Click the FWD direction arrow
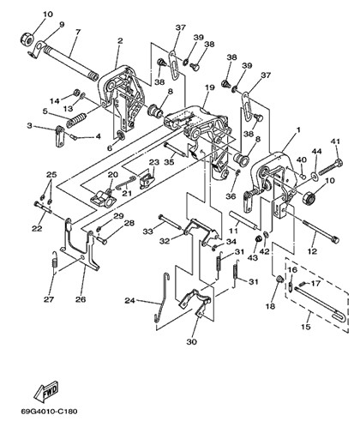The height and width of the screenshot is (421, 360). (x=46, y=391)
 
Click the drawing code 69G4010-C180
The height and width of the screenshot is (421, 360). (x=49, y=412)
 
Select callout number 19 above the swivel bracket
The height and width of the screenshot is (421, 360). (x=209, y=87)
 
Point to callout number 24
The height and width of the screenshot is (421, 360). (x=129, y=300)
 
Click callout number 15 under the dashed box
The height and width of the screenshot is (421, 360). (x=306, y=327)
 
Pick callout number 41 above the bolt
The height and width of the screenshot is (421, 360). (x=336, y=141)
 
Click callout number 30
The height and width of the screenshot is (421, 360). (x=192, y=341)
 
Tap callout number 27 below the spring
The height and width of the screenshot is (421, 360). (x=49, y=299)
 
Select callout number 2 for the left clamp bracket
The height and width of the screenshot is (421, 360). (x=120, y=40)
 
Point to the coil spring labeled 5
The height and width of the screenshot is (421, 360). (x=76, y=120)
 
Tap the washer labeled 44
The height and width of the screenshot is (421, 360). (x=315, y=176)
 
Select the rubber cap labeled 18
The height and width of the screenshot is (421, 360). (x=279, y=279)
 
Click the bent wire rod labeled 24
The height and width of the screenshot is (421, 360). (x=161, y=298)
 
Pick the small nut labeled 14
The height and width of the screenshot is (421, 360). (x=76, y=93)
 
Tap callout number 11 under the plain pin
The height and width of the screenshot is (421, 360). (x=234, y=230)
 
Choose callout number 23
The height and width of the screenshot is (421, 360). (x=154, y=162)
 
